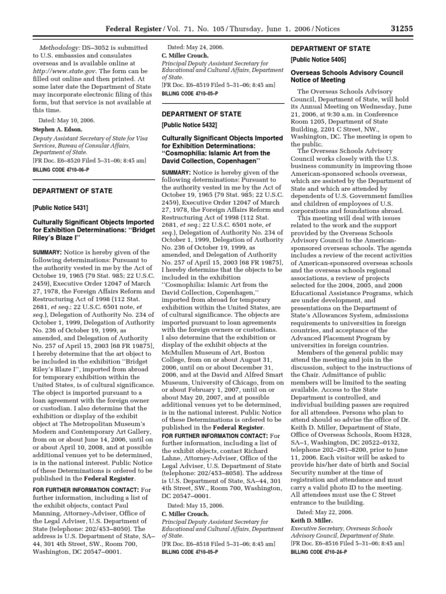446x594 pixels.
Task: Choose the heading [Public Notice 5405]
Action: [318, 60]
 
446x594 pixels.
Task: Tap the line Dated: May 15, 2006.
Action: [189, 506]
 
